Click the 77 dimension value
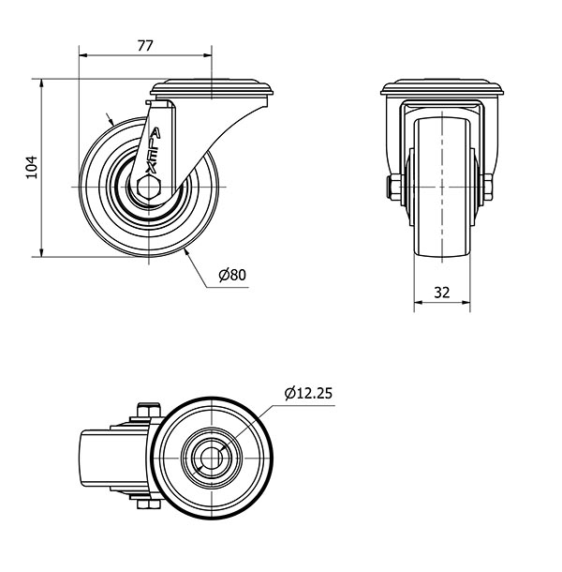(145, 45)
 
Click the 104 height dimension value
(32, 168)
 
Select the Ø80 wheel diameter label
(232, 275)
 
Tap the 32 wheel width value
(442, 293)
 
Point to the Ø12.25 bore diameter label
(308, 393)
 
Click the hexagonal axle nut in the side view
(149, 187)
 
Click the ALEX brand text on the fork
(153, 150)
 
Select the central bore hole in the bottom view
(212, 458)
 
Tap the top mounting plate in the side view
(212, 88)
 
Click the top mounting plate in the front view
(442, 87)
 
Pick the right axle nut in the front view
(487, 187)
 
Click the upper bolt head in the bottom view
(149, 410)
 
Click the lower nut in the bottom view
(149, 504)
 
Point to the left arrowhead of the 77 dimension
(83, 55)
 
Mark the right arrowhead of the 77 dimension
(208, 55)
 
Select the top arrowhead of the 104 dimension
(41, 83)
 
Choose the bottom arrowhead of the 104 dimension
(41, 252)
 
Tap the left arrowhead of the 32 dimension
(418, 302)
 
